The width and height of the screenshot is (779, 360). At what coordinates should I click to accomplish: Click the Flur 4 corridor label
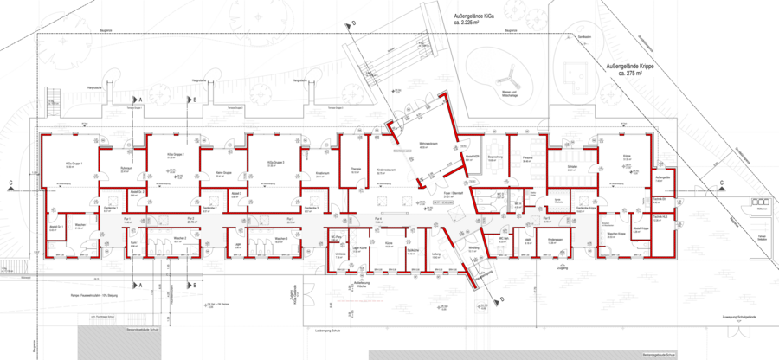[378, 221]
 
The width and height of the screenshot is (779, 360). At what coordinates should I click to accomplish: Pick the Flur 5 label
[547, 221]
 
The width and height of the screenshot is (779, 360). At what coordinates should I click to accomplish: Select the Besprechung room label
[494, 159]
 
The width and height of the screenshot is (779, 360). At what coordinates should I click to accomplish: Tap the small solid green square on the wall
[301, 177]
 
